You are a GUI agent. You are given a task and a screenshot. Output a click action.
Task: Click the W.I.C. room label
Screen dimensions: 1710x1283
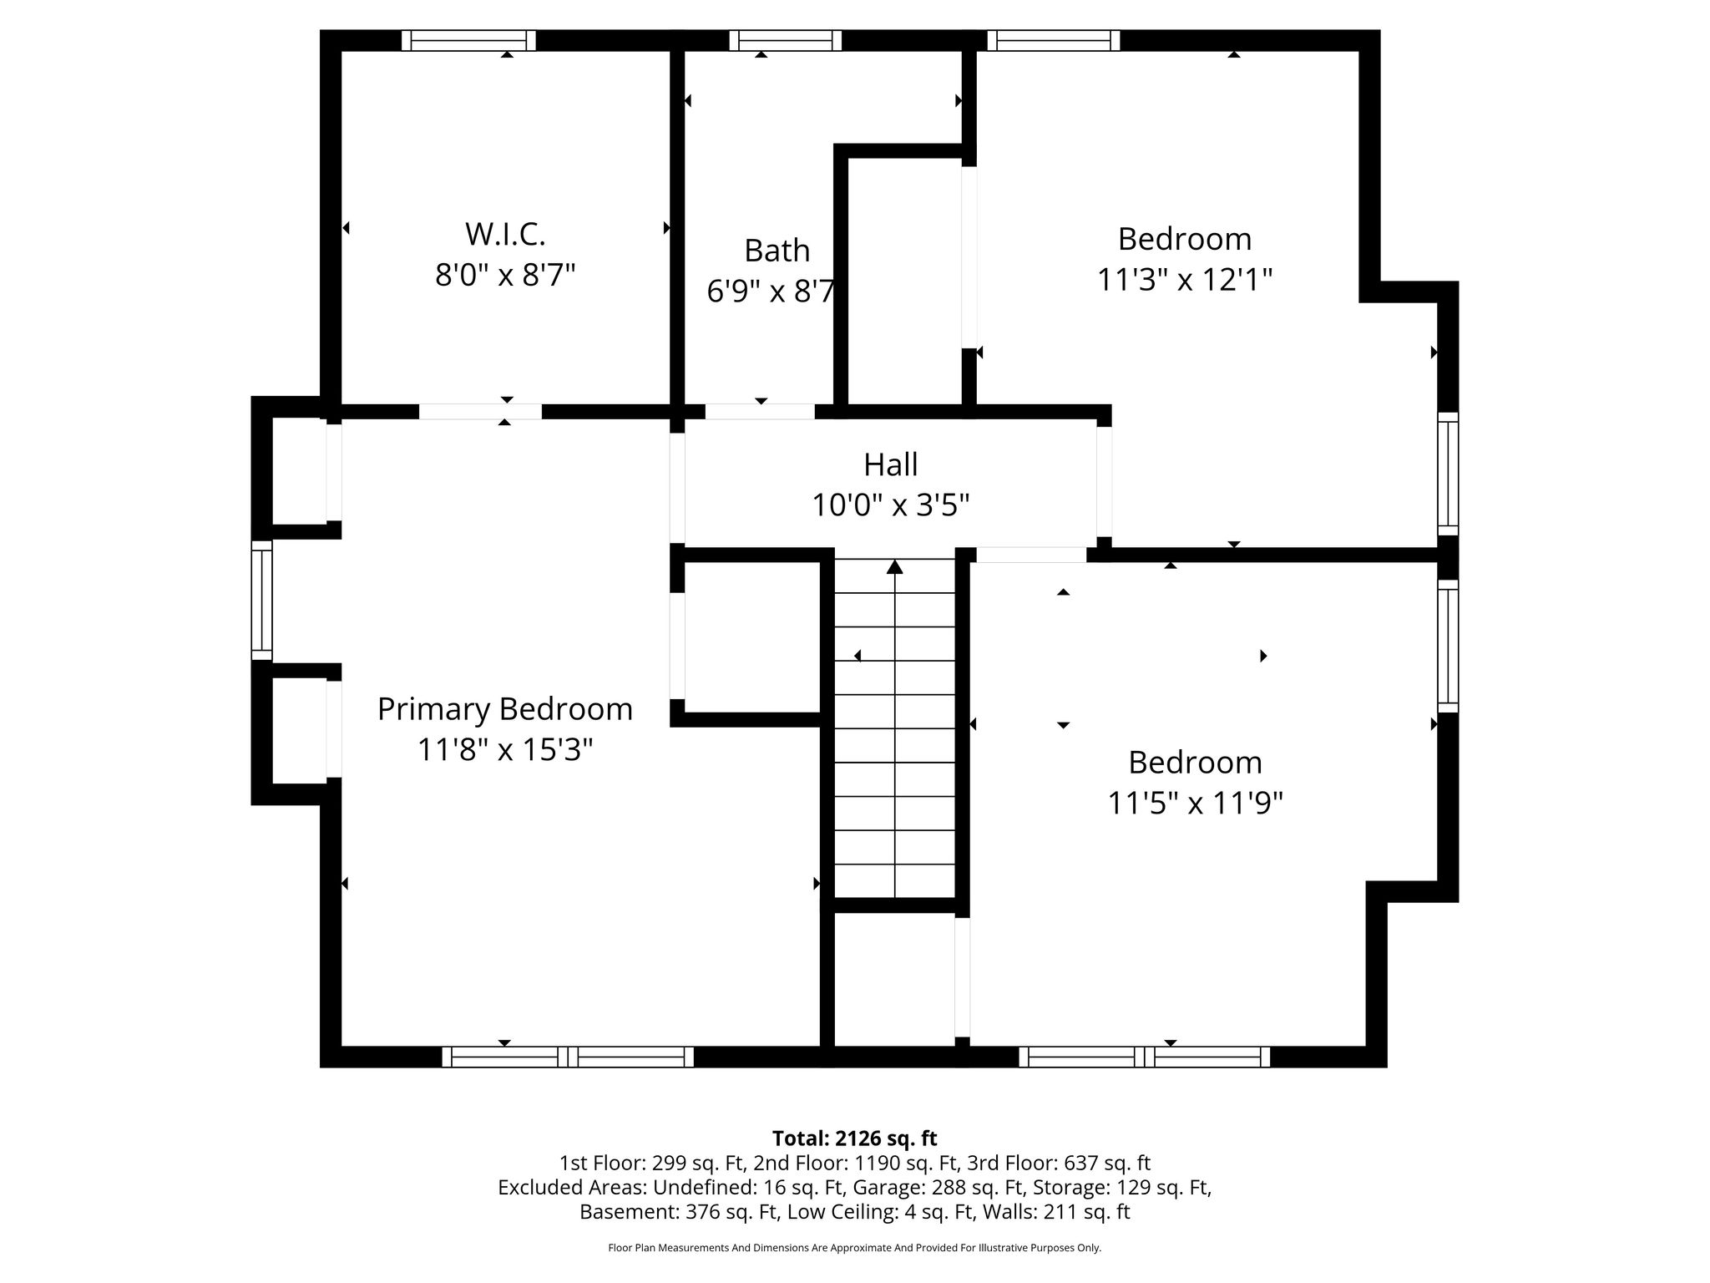[x=505, y=234]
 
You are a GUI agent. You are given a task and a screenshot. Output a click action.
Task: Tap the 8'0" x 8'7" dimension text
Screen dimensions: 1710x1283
[x=505, y=275]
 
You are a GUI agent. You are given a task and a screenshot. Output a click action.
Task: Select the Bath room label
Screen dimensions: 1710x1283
[x=777, y=251]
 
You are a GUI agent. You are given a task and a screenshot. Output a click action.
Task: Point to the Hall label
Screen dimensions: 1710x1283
[x=890, y=464]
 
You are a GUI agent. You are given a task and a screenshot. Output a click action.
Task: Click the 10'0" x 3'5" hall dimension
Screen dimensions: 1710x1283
[x=890, y=505]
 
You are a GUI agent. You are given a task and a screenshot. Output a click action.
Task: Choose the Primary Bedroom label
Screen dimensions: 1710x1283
[x=504, y=710]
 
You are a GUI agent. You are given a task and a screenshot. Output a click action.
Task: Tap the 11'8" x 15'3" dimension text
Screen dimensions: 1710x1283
[x=504, y=749]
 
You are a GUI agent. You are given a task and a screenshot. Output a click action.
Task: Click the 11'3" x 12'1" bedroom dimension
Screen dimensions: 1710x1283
[x=1184, y=280]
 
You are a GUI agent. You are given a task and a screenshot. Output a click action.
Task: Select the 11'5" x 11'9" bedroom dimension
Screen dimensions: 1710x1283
[x=1195, y=803]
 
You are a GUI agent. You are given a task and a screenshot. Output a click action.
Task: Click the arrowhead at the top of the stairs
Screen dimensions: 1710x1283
[x=895, y=566]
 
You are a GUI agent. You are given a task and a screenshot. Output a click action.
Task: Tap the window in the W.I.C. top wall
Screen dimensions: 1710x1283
[x=468, y=40]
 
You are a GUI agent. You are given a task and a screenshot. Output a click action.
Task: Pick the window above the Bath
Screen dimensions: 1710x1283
[x=785, y=40]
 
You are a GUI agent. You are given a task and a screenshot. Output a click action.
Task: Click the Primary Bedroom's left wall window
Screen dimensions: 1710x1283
[x=262, y=600]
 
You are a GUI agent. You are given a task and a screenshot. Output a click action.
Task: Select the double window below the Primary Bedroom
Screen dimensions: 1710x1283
[x=568, y=1057]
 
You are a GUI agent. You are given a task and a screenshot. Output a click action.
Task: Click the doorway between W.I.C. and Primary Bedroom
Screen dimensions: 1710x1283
[x=480, y=412]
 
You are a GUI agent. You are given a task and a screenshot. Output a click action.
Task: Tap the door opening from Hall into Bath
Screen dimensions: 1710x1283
[x=760, y=412]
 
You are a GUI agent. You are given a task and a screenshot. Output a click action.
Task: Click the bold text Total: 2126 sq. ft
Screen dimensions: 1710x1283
[x=854, y=1138]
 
